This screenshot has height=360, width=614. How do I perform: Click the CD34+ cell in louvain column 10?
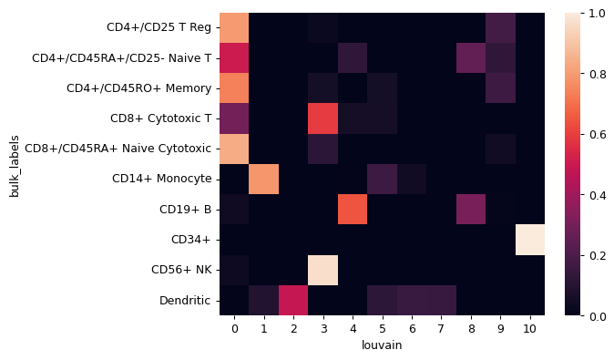point(529,239)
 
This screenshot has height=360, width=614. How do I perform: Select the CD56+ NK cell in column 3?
point(322,269)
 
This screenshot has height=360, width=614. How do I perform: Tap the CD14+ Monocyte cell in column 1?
point(263,179)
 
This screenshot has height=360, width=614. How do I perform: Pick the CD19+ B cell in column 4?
point(352,209)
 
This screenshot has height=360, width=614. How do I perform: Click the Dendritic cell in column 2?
point(293,299)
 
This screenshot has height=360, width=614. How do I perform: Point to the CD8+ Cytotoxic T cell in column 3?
point(322,118)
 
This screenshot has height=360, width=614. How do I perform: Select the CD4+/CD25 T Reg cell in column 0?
point(234,27)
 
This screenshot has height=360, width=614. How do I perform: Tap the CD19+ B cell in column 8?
point(470,209)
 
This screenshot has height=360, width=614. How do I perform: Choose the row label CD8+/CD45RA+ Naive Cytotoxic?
point(118,149)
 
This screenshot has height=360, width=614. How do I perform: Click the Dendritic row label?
point(186,299)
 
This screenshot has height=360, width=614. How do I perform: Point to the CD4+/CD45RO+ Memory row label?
point(139,88)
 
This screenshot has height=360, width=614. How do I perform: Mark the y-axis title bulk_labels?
point(14,164)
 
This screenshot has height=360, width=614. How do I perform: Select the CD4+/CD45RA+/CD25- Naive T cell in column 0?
point(234,57)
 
